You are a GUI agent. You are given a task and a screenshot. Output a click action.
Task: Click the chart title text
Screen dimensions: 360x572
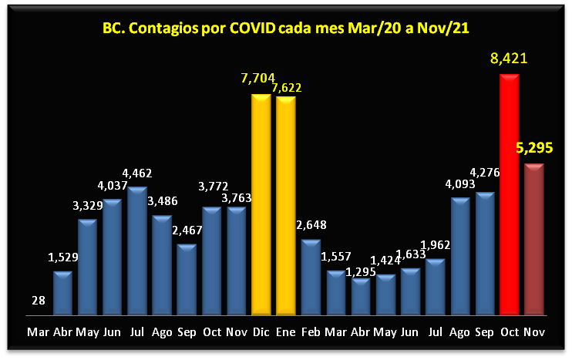tap(286, 29)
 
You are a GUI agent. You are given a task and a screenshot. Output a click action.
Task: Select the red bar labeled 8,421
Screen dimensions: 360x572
tap(510, 193)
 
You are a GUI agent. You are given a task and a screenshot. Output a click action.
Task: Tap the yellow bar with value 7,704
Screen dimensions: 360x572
tap(261, 204)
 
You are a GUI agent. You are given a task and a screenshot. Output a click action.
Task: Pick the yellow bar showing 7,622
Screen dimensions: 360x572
tap(286, 204)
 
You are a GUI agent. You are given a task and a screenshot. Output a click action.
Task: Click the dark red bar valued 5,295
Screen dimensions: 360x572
tap(534, 239)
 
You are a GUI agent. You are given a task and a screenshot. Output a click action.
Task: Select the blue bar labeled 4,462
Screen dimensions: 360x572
tap(137, 251)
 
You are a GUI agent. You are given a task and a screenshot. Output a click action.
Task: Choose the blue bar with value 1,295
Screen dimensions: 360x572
tap(360, 297)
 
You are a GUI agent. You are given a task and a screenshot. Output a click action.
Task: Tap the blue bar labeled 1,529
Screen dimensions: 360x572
tap(62, 293)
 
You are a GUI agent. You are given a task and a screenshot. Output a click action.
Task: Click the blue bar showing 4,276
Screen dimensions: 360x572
tap(485, 253)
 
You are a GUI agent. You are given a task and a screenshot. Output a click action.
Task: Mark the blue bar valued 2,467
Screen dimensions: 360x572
tap(187, 279)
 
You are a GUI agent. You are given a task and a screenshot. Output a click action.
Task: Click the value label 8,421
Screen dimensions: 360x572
tap(509, 59)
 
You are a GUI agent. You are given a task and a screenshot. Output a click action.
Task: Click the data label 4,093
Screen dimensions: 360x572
tap(460, 184)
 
